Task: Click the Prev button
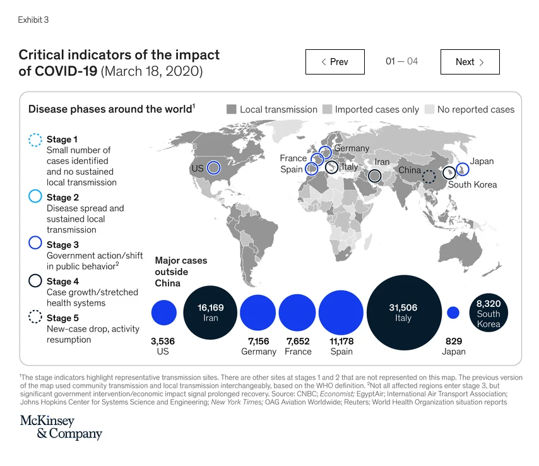coord(335,62)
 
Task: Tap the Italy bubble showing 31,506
coord(403,313)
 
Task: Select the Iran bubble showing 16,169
coord(210,313)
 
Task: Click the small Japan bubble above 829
coord(453,313)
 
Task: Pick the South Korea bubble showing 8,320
coord(489,313)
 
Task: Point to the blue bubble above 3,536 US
coord(164,313)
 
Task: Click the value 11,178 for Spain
coord(341,342)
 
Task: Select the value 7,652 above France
coord(298,342)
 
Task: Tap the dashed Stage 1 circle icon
coord(35,140)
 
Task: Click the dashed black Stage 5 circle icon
coord(35,318)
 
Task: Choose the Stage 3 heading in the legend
coord(62,244)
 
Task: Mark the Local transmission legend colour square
coord(231,109)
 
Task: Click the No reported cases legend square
coord(429,109)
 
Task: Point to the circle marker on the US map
coord(213,168)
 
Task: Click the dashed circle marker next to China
coord(429,177)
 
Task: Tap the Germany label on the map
coord(352,148)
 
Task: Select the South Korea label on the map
coord(472,185)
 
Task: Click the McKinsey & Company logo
coord(61,427)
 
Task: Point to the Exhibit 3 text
coord(33,20)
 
